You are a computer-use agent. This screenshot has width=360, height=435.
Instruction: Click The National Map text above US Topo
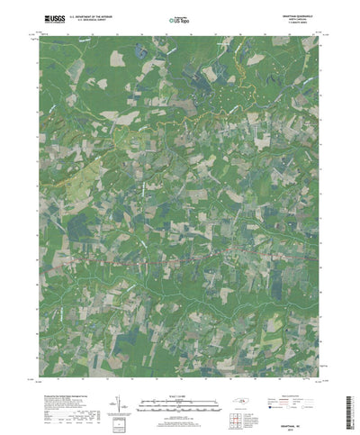[181, 14]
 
